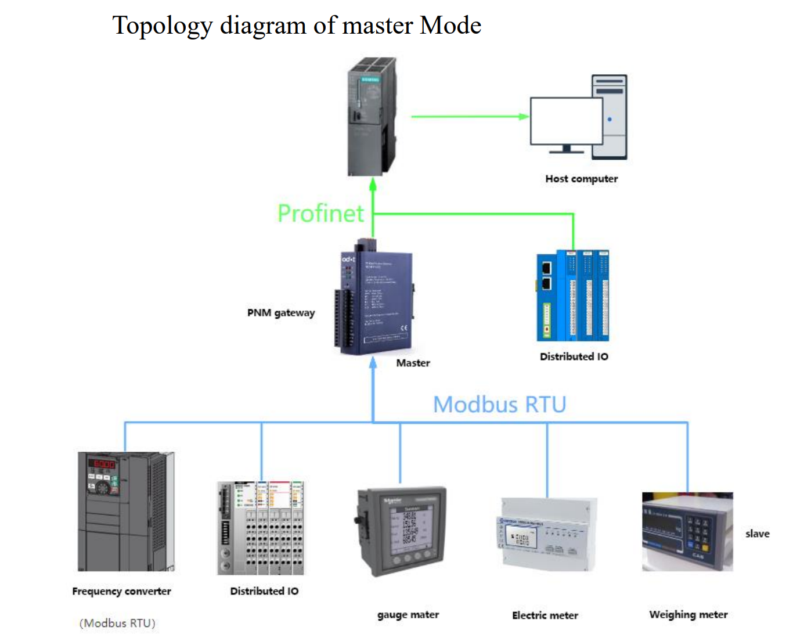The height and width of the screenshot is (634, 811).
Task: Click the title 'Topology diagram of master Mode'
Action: (x=296, y=26)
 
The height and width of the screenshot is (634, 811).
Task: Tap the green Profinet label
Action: (x=320, y=213)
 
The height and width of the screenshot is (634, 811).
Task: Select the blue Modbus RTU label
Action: (x=499, y=404)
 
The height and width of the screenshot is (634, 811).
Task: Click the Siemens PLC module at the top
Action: (x=372, y=116)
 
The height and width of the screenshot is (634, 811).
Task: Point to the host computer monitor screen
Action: (x=566, y=121)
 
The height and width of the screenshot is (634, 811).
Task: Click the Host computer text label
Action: (x=581, y=179)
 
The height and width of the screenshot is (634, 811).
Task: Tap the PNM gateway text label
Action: (x=281, y=312)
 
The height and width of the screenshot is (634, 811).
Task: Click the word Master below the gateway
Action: (x=413, y=363)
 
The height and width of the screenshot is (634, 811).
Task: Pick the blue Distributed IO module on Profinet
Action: (x=572, y=296)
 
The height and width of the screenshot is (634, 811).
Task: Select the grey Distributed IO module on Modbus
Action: (x=261, y=528)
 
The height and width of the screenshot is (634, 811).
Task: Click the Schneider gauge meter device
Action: (x=401, y=530)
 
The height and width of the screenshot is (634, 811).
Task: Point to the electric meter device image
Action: (x=547, y=533)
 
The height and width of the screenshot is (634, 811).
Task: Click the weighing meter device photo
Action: (x=687, y=531)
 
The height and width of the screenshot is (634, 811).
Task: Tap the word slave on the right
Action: (x=757, y=534)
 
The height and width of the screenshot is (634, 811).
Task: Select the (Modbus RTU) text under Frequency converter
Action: (x=117, y=623)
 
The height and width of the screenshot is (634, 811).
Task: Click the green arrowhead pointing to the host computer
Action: (x=524, y=116)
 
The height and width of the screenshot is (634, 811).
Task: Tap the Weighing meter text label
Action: (x=688, y=614)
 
